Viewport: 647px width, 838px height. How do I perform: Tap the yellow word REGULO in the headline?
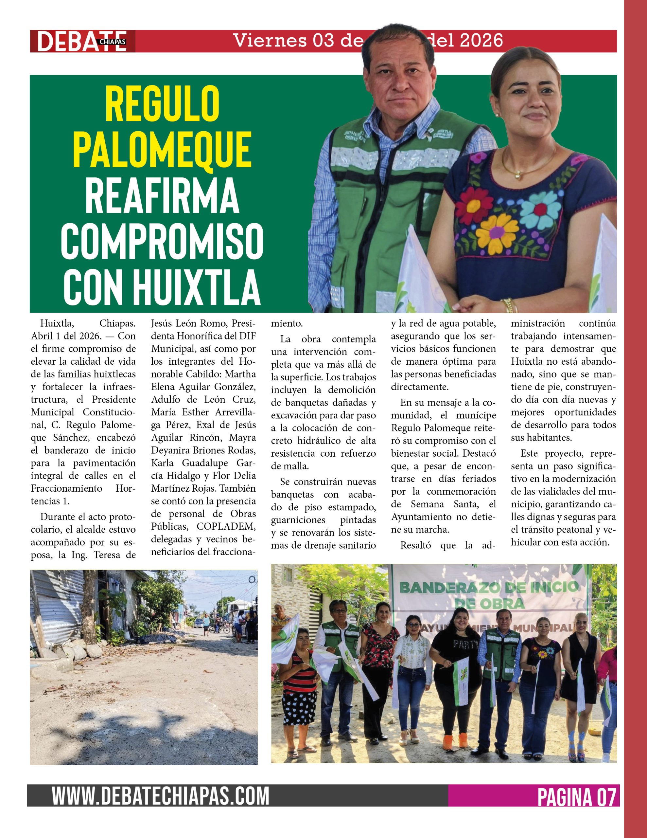click(x=162, y=103)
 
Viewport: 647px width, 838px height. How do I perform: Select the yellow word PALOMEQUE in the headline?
click(x=162, y=149)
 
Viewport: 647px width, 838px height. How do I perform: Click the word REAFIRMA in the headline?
click(x=162, y=194)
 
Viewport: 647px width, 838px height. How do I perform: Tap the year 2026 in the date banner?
click(x=481, y=40)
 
